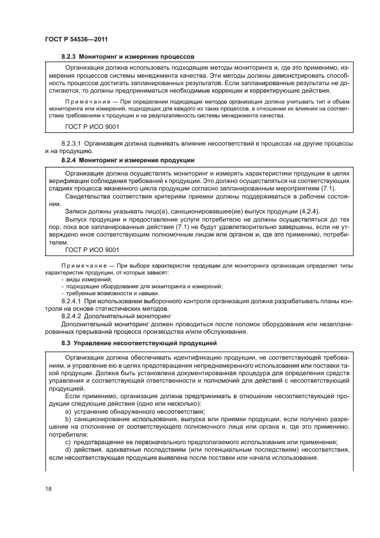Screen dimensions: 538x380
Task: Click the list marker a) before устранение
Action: coord(68,412)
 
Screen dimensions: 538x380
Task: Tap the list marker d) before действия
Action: coord(68,449)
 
